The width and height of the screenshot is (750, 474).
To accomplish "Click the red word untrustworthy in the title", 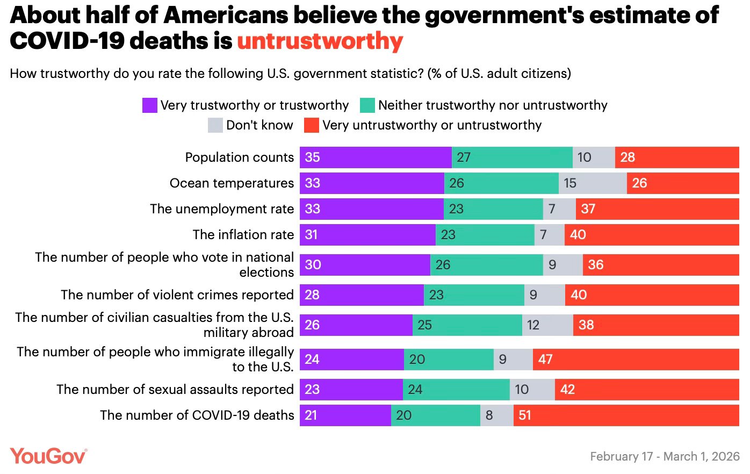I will pos(320,41).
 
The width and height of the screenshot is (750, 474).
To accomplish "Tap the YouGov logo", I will pos(48,456).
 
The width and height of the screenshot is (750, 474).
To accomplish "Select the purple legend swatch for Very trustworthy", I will pos(149,105).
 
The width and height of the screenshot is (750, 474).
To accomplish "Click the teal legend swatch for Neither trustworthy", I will pos(367,105).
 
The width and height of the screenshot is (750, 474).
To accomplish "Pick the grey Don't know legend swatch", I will pos(215,125).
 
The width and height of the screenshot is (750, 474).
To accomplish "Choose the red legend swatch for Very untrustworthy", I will pos(312,125).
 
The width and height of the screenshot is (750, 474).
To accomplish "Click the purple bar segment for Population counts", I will pos(376,157).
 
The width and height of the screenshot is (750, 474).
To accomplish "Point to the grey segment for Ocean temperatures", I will pos(593,183).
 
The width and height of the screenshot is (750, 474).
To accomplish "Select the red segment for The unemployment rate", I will pos(657,209).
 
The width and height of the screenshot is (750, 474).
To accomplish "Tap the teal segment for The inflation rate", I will pos(485,234).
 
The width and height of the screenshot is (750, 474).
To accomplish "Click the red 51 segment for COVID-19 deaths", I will pos(626,415).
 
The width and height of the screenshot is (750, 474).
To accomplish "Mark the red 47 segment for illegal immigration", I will pos(636,359).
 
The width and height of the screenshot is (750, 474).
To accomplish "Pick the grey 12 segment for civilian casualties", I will pos(547,325).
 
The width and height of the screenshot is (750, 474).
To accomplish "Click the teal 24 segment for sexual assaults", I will pos(456,389).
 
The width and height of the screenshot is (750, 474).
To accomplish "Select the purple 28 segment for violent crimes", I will pos(362,295).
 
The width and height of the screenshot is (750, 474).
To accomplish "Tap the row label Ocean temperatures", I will pos(232,183).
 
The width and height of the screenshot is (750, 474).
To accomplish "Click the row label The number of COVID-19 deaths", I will pos(197,415).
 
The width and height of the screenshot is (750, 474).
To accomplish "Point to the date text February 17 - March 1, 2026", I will pos(665,456).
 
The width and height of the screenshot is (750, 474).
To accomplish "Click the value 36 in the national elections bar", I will pos(596,264).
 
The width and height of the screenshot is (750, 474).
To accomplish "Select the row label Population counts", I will pos(239,157).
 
